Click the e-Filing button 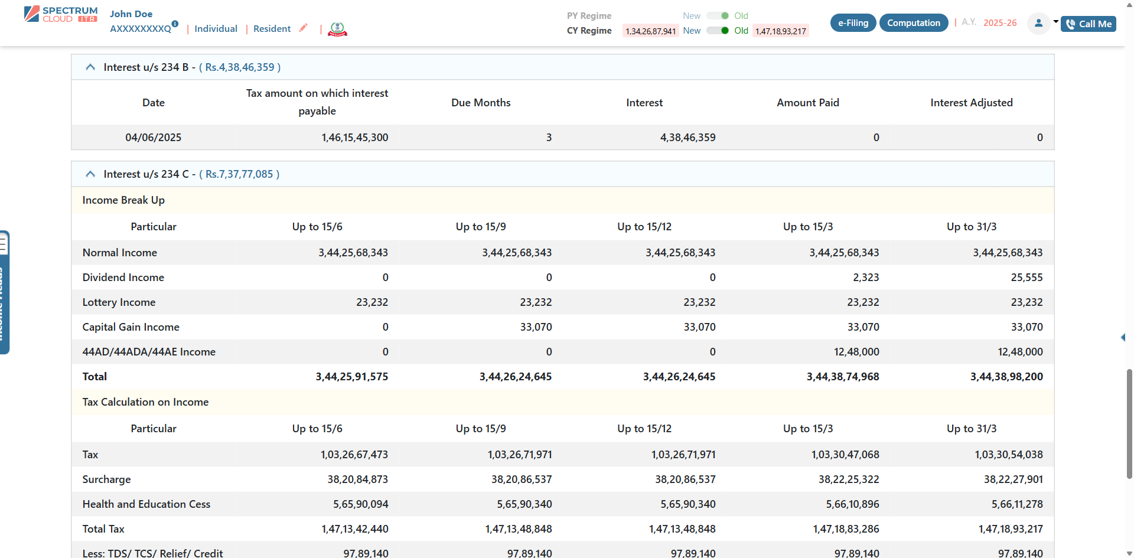tap(853, 23)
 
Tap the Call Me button tap(1089, 24)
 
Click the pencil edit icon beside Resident tap(304, 28)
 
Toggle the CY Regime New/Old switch tap(718, 31)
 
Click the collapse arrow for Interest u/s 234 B tap(90, 67)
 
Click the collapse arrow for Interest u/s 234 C tap(90, 174)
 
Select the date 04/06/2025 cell tap(154, 138)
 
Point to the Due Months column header tap(481, 103)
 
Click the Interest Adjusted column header tap(971, 103)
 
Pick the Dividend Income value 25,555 tap(1027, 278)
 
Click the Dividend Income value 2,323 tap(866, 278)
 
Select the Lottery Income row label tap(119, 302)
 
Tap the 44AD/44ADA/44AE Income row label tap(149, 352)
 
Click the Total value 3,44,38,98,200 tap(1006, 377)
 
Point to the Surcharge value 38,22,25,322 tap(849, 479)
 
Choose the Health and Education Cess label tap(146, 504)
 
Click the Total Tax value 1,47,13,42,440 tap(354, 529)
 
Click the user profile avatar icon tap(1038, 24)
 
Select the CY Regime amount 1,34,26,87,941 tap(650, 31)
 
